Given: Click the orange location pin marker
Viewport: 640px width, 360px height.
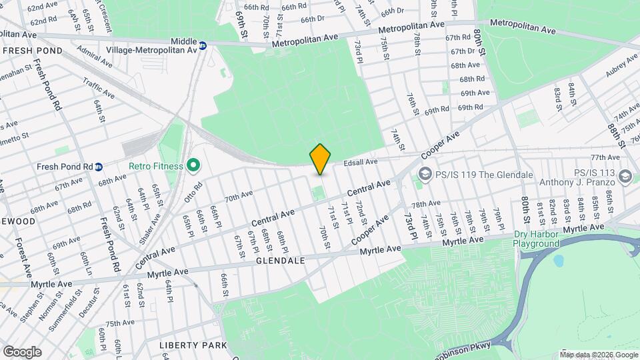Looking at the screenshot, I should click(x=321, y=159).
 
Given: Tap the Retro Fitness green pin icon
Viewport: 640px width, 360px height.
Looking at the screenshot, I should click(x=193, y=164).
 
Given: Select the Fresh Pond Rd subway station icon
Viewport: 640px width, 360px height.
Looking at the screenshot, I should click(x=99, y=167).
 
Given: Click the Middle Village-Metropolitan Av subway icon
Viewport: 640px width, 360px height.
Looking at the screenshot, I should click(x=203, y=46).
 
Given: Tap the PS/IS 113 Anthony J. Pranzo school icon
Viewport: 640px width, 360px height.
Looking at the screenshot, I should click(x=625, y=175).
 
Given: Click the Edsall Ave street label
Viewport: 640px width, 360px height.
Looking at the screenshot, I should click(x=361, y=162).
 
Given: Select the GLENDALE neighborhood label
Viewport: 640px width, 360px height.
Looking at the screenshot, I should click(x=280, y=261).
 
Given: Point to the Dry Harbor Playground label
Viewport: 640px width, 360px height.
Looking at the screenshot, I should click(x=536, y=239).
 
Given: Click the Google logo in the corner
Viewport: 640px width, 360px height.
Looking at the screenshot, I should click(x=22, y=351).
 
